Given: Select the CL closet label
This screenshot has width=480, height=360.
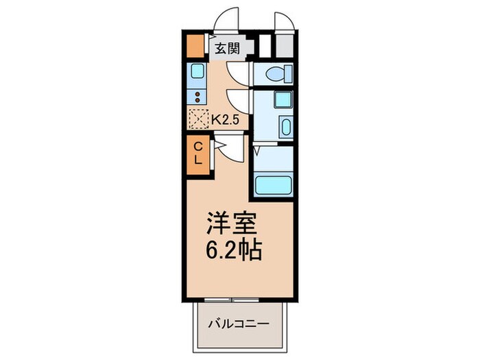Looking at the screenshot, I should click(197, 152).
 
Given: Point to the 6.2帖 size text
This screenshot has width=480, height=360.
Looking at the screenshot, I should click(233, 250).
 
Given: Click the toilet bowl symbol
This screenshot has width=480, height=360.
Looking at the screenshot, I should click(279, 73).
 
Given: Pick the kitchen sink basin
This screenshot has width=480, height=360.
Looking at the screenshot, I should click(197, 71).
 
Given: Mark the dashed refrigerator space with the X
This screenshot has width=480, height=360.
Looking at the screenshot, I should click(198, 119).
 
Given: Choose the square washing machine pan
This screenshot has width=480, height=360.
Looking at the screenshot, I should click(282, 99).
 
